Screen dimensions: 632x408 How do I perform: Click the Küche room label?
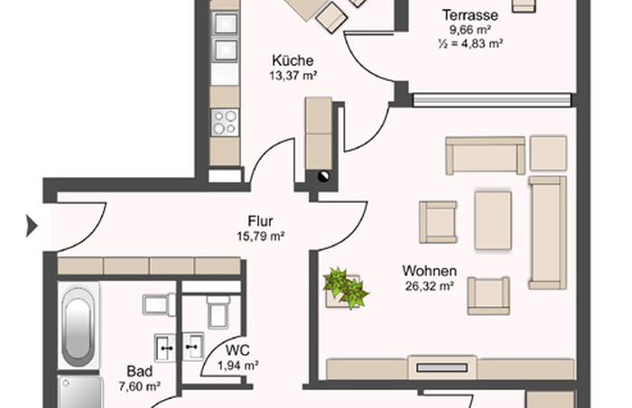(x=293, y=60)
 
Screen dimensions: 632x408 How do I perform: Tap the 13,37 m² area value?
(x=293, y=76)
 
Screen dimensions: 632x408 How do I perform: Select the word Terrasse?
(x=470, y=15)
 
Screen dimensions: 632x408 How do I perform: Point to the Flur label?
(x=260, y=221)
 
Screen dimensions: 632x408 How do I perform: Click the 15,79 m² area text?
(x=261, y=236)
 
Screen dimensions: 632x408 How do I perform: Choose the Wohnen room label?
(x=430, y=271)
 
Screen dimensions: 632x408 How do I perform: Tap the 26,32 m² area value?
(x=430, y=286)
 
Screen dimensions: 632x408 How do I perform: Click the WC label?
(x=237, y=350)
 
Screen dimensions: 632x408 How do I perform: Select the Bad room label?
(x=139, y=371)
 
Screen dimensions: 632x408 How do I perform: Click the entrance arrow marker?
(x=32, y=226)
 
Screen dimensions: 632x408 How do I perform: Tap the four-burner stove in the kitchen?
(x=225, y=123)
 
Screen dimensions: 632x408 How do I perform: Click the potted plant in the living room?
(x=345, y=287)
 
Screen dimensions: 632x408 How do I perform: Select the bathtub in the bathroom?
(x=79, y=325)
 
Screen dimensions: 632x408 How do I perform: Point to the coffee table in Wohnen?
(x=493, y=220)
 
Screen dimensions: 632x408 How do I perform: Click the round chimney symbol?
(x=323, y=176)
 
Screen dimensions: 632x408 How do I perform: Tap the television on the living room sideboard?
(x=441, y=367)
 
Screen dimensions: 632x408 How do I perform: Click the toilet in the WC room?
(x=218, y=311)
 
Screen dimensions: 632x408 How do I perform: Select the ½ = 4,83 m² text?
(x=470, y=43)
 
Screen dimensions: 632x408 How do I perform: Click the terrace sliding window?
(x=492, y=100)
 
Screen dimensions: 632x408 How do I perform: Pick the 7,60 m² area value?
(x=139, y=386)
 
